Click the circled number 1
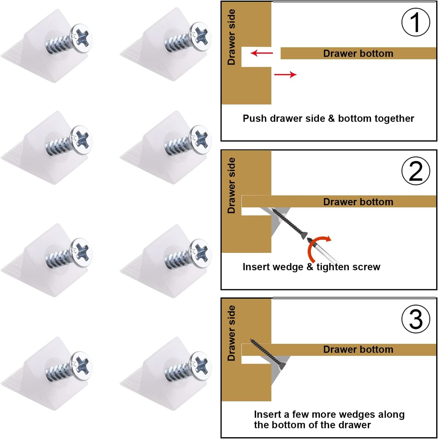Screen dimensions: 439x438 click(416, 22)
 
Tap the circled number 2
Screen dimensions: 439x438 click(416, 171)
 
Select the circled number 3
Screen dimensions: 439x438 click(416, 319)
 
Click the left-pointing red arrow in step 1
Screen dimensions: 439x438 click(262, 53)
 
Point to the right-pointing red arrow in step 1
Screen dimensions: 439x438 click(285, 75)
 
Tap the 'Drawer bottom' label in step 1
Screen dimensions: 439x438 click(358, 53)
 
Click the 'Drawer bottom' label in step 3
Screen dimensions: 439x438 click(358, 349)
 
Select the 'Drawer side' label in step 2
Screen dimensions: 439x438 click(231, 185)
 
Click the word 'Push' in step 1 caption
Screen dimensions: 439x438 click(255, 118)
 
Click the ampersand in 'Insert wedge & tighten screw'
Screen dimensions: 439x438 click(310, 267)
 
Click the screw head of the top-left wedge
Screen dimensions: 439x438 click(81, 38)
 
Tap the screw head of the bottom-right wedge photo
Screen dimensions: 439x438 click(200, 366)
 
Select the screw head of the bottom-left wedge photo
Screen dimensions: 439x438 click(81, 366)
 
